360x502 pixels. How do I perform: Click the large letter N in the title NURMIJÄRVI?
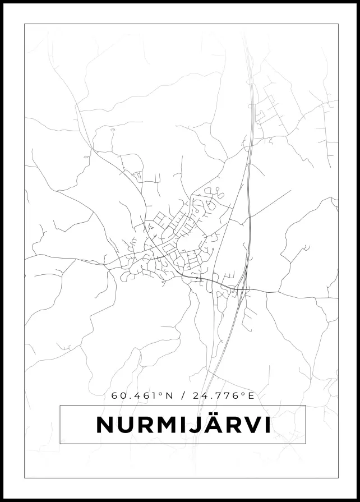click(x=105, y=425)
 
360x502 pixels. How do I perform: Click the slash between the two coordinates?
click(x=183, y=395)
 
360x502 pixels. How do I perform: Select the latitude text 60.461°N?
click(x=142, y=395)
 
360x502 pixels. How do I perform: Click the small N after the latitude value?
click(x=169, y=395)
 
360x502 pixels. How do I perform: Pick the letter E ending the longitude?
click(x=251, y=395)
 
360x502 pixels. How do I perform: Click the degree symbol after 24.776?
click(x=243, y=393)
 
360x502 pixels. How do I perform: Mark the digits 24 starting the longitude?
click(x=198, y=395)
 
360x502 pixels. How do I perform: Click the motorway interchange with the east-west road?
click(x=240, y=289)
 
